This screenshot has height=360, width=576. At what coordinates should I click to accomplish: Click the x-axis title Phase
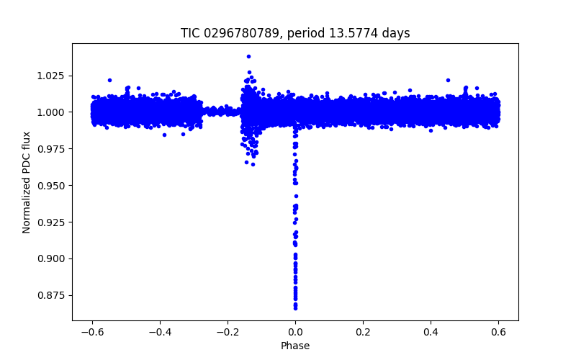click(x=295, y=346)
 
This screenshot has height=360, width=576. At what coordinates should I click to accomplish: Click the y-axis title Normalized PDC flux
click(x=27, y=182)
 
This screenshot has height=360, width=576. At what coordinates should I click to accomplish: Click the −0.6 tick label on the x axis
click(x=92, y=333)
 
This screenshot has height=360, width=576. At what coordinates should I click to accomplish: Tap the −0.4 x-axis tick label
click(x=160, y=333)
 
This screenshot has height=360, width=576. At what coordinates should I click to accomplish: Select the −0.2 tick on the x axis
click(x=228, y=333)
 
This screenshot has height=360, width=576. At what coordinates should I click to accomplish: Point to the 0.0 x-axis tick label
click(x=295, y=333)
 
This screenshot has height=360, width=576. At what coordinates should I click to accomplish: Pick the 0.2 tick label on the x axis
click(x=363, y=333)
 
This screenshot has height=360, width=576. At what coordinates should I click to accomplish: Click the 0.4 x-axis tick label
click(x=431, y=333)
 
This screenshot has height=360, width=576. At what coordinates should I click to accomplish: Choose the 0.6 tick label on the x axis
click(x=498, y=333)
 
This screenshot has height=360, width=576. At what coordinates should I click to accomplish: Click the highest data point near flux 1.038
click(x=248, y=56)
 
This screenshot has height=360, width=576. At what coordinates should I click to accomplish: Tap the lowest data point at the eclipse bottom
click(x=295, y=308)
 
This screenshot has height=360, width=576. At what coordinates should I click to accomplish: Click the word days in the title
click(x=395, y=33)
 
